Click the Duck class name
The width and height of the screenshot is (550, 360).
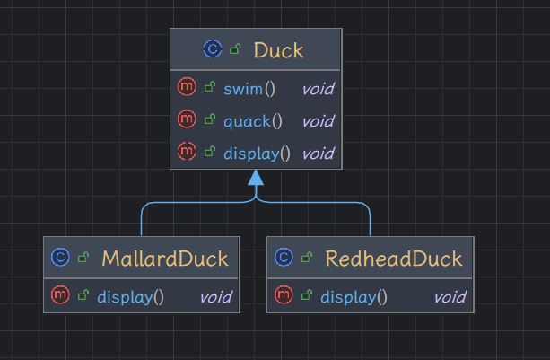[278, 50]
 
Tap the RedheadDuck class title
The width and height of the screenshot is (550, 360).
[394, 259]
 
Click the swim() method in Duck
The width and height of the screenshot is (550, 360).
[249, 88]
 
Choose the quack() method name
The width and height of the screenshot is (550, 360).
[254, 120]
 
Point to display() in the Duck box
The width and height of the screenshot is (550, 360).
[258, 153]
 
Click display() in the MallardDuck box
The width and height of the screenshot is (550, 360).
[130, 296]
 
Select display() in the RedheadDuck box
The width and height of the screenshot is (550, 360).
[354, 296]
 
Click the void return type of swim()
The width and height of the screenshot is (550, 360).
[317, 88]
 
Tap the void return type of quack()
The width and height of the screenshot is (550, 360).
[317, 120]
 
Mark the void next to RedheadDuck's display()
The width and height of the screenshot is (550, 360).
[450, 296]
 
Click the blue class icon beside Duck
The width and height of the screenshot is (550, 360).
[213, 50]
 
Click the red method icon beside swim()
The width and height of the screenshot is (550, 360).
[187, 88]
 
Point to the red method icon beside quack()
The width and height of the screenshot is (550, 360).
[187, 120]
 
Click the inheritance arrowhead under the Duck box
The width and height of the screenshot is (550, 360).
[257, 178]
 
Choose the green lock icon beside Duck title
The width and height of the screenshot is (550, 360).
[235, 51]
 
